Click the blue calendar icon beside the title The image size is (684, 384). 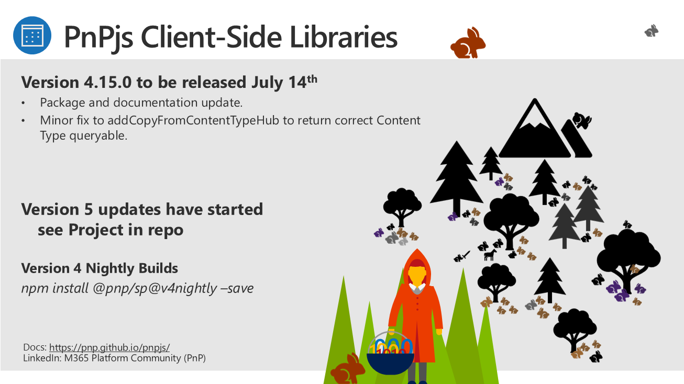tap(32, 36)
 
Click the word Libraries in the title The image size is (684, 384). tap(344, 37)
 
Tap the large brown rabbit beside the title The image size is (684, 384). tap(468, 43)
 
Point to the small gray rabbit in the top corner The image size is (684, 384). tap(652, 31)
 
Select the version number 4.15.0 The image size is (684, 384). tap(108, 82)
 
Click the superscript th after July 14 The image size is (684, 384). tap(312, 79)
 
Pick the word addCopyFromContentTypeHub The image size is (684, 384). tap(193, 120)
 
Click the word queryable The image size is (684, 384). tap(98, 136)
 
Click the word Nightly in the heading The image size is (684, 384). tap(110, 269)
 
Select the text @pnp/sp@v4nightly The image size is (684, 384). tap(155, 288)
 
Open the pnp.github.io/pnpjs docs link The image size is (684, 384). tap(109, 347)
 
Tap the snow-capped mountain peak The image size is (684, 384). tap(535, 128)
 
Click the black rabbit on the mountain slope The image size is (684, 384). tap(582, 120)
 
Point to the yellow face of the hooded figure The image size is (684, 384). tap(417, 276)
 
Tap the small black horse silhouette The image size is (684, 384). tap(490, 255)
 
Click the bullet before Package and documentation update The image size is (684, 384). tap(23, 103)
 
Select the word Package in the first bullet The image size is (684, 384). tap(63, 103)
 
